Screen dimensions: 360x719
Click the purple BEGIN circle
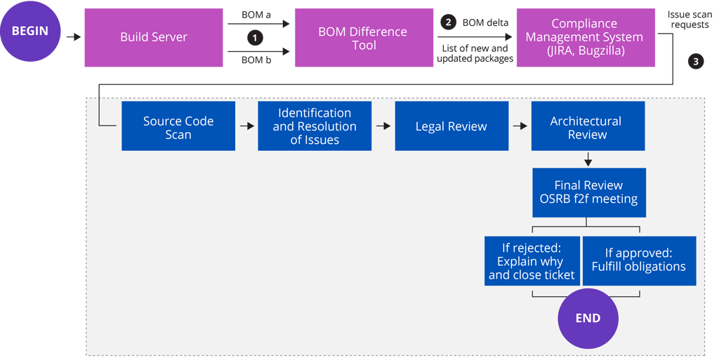pos(30,31)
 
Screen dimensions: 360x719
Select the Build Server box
pos(153,37)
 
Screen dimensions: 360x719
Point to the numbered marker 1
pos(256,37)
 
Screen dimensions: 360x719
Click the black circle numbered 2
pos(447,22)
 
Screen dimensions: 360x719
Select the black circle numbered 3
pos(695,62)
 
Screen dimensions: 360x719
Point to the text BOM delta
pos(484,22)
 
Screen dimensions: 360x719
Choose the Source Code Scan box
pos(178,127)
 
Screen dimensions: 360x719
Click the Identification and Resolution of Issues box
pos(315,126)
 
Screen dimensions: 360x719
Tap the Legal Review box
pos(451,126)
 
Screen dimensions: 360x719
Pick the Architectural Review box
pos(587,127)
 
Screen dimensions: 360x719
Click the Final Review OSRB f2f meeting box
pos(588,192)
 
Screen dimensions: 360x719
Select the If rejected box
pos(532,260)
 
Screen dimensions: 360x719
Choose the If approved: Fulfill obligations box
pos(638,260)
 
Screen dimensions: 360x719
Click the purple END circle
pos(588,318)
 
